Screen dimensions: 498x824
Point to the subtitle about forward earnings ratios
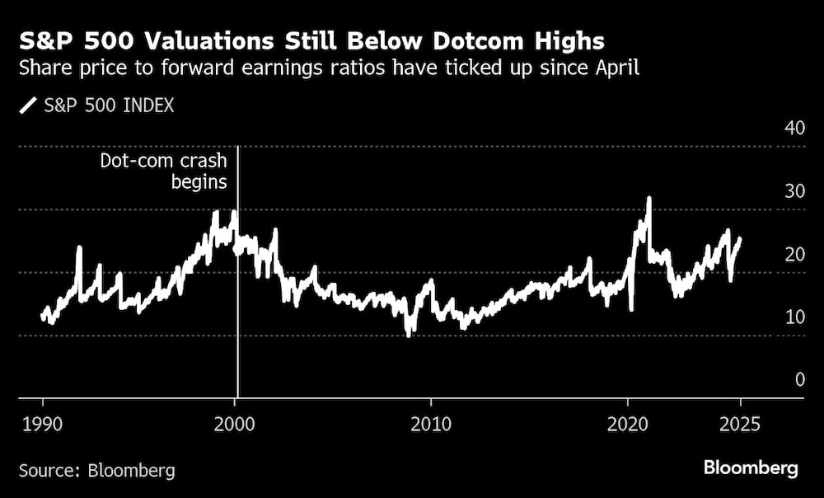point(329,69)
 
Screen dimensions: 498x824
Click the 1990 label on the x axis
point(43,423)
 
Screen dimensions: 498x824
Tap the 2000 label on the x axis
point(236,423)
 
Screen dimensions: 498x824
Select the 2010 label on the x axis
point(431,423)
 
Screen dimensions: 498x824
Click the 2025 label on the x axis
point(740,423)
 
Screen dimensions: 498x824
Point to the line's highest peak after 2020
point(649,199)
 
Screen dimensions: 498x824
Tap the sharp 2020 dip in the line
point(631,309)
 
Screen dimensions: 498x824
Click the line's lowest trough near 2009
point(409,334)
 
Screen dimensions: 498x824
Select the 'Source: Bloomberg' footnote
point(97,471)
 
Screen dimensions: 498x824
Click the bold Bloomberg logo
point(751,468)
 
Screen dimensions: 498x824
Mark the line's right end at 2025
point(740,238)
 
